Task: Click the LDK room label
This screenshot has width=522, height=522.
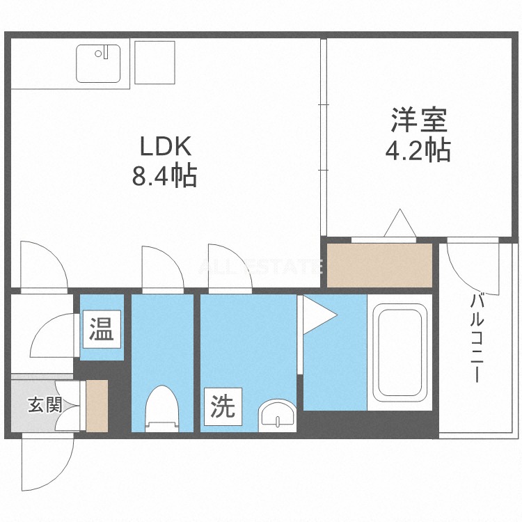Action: pos(165,147)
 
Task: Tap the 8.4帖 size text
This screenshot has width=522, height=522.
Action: pos(165,176)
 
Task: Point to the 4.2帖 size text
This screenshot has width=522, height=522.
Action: pos(418,150)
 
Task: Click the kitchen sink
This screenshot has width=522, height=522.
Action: pos(98,63)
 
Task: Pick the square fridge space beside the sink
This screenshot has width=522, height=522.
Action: pos(154,63)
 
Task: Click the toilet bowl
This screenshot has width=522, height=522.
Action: pos(162,409)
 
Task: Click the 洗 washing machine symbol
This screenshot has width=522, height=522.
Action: pos(223,406)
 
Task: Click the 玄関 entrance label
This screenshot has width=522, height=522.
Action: pos(44,404)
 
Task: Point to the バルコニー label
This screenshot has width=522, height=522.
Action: pos(477,338)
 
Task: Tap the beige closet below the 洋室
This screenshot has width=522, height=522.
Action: pos(379,264)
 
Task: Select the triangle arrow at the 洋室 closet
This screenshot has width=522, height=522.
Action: pos(400,223)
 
